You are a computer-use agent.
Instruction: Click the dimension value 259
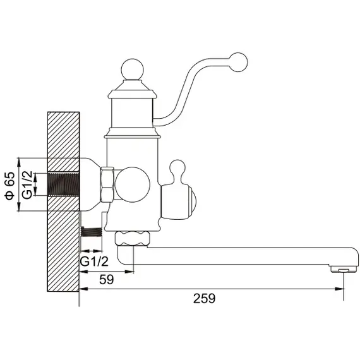click(x=204, y=299)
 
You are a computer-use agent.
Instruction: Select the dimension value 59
click(x=107, y=280)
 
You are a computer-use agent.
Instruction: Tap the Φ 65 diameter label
click(x=9, y=186)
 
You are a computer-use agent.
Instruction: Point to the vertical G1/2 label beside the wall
click(x=27, y=185)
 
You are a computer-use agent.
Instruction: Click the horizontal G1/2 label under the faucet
click(x=94, y=261)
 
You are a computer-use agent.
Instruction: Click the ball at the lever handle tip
click(x=239, y=63)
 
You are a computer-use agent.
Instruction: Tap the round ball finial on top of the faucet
click(x=132, y=70)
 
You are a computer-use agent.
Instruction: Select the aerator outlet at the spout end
click(x=344, y=270)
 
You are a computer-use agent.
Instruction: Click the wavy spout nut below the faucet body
click(x=133, y=238)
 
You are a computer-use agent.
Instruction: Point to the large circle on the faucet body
click(x=133, y=184)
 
